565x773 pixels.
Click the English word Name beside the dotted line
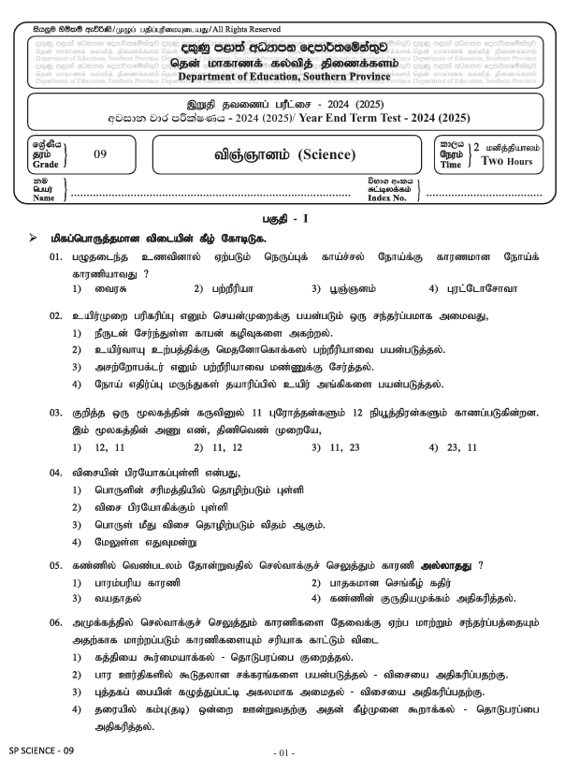(43, 198)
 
